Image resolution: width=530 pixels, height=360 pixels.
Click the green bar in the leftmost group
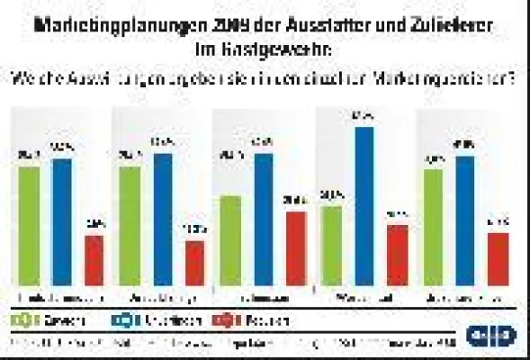pyautogui.click(x=29, y=226)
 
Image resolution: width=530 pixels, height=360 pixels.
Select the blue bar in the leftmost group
pyautogui.click(x=62, y=221)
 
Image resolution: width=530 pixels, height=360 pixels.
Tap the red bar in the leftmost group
pyautogui.click(x=94, y=260)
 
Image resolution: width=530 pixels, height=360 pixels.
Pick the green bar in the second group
pyautogui.click(x=130, y=226)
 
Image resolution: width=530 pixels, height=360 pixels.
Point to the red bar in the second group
pyautogui.click(x=195, y=263)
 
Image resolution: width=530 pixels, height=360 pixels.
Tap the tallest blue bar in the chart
pyautogui.click(x=364, y=206)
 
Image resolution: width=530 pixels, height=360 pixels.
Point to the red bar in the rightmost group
pyautogui.click(x=498, y=259)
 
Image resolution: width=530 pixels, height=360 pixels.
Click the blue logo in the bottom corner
pyautogui.click(x=491, y=336)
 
